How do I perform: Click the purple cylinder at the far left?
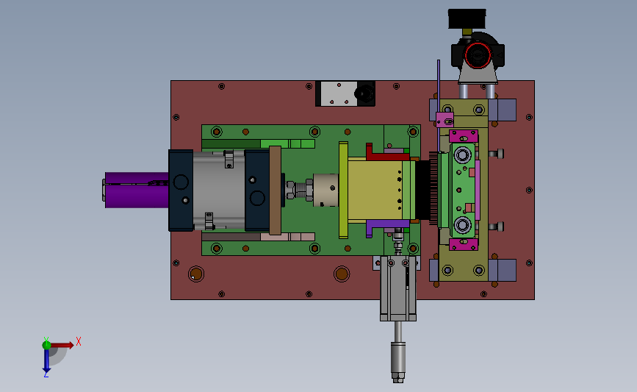(x=137, y=190)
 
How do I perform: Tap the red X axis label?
(x=79, y=341)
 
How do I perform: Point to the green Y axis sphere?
(x=46, y=345)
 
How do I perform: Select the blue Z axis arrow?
(x=46, y=360)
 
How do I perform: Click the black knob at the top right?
(x=467, y=18)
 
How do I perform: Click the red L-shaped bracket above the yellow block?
(x=386, y=153)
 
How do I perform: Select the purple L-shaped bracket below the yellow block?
(x=386, y=224)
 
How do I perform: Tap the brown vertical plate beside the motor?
(x=275, y=190)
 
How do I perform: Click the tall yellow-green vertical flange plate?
(x=343, y=190)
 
